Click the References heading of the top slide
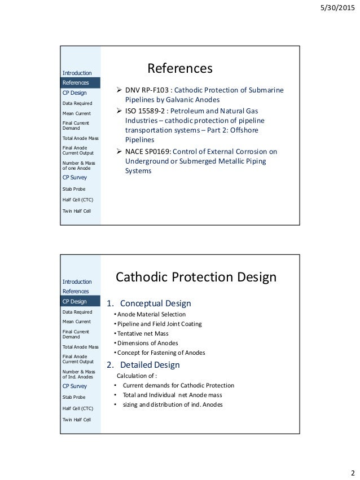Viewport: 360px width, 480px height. point(179,68)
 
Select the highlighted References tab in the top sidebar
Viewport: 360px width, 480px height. point(76,82)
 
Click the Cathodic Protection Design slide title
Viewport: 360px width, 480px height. point(196,278)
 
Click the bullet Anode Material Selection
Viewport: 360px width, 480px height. point(149,314)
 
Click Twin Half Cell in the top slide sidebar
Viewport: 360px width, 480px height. point(76,211)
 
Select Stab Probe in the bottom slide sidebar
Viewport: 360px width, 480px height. point(73,397)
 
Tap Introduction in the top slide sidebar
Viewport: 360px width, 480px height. point(77,73)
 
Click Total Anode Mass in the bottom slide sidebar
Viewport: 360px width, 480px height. point(80,346)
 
